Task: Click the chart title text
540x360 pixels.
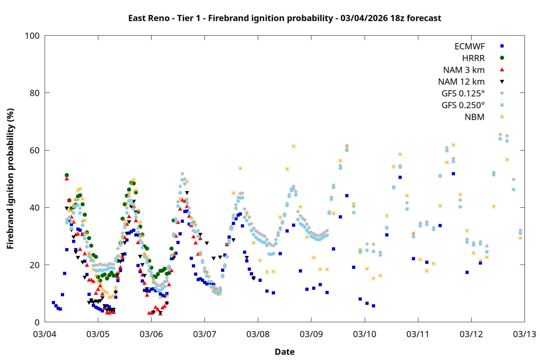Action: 284,18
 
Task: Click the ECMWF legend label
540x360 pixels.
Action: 469,46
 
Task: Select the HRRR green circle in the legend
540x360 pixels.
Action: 502,58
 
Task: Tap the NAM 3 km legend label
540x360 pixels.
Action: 464,70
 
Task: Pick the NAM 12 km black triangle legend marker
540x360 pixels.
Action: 502,82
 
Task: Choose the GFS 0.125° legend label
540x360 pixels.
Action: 463,94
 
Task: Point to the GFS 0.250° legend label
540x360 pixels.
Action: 463,105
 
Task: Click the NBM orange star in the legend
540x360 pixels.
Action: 502,117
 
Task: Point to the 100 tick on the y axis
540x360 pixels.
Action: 32,36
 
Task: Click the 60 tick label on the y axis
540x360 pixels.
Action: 35,150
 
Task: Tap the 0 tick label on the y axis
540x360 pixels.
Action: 37,323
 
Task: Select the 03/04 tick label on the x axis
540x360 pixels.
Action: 45,334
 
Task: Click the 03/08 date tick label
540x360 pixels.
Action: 258,334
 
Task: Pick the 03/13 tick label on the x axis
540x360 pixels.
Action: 524,334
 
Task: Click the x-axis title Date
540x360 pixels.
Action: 284,352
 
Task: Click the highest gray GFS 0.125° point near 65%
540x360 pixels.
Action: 500,135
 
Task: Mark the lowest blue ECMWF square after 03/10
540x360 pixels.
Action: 373,306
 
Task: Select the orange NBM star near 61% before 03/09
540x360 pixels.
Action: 293,146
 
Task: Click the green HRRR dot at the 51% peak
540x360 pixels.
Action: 67,175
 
